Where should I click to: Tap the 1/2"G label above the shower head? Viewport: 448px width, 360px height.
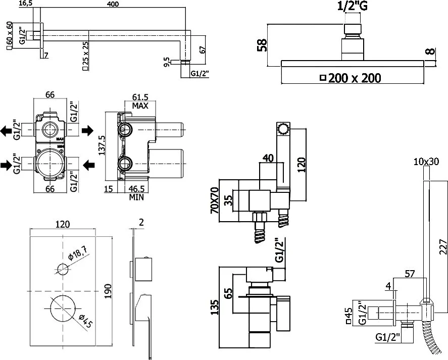(x=352, y=6)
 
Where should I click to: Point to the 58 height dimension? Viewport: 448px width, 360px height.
(x=262, y=45)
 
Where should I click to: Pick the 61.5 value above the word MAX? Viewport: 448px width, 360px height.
(x=140, y=97)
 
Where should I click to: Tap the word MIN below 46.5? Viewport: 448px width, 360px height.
(x=136, y=197)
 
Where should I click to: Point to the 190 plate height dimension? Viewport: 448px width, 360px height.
(x=108, y=291)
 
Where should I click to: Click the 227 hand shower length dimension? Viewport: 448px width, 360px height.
(x=442, y=246)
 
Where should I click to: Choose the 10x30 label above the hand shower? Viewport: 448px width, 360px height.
(x=426, y=162)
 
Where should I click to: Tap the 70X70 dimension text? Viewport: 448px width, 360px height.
(x=214, y=200)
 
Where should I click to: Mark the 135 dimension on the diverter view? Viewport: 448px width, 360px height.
(x=215, y=307)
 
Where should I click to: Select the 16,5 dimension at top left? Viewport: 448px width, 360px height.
(x=25, y=4)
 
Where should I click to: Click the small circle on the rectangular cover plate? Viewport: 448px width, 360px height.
(x=63, y=269)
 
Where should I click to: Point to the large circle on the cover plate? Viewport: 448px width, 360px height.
(x=63, y=308)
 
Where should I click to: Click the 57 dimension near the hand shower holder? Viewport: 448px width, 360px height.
(x=410, y=274)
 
